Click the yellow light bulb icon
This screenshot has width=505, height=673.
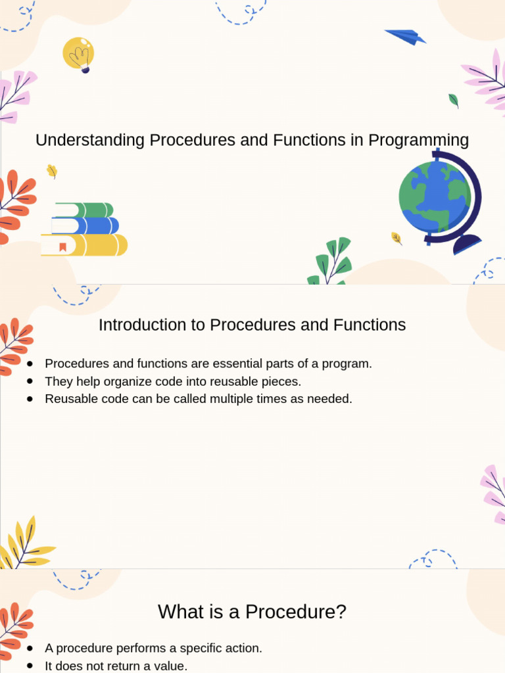tap(78, 53)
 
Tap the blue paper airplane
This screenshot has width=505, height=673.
tap(405, 37)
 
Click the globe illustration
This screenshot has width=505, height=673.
tap(435, 197)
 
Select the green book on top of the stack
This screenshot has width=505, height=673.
tap(84, 210)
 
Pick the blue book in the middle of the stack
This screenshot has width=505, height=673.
tap(86, 226)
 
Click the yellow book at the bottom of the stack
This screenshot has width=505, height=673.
tap(85, 245)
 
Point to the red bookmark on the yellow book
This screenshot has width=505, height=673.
tap(62, 247)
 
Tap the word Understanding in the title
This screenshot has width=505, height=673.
tap(90, 140)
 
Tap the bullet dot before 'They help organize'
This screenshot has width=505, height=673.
tap(30, 381)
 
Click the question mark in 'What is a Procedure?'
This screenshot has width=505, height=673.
tap(340, 612)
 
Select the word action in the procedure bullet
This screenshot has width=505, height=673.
tap(244, 648)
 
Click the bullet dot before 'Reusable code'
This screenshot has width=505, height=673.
tap(30, 399)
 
